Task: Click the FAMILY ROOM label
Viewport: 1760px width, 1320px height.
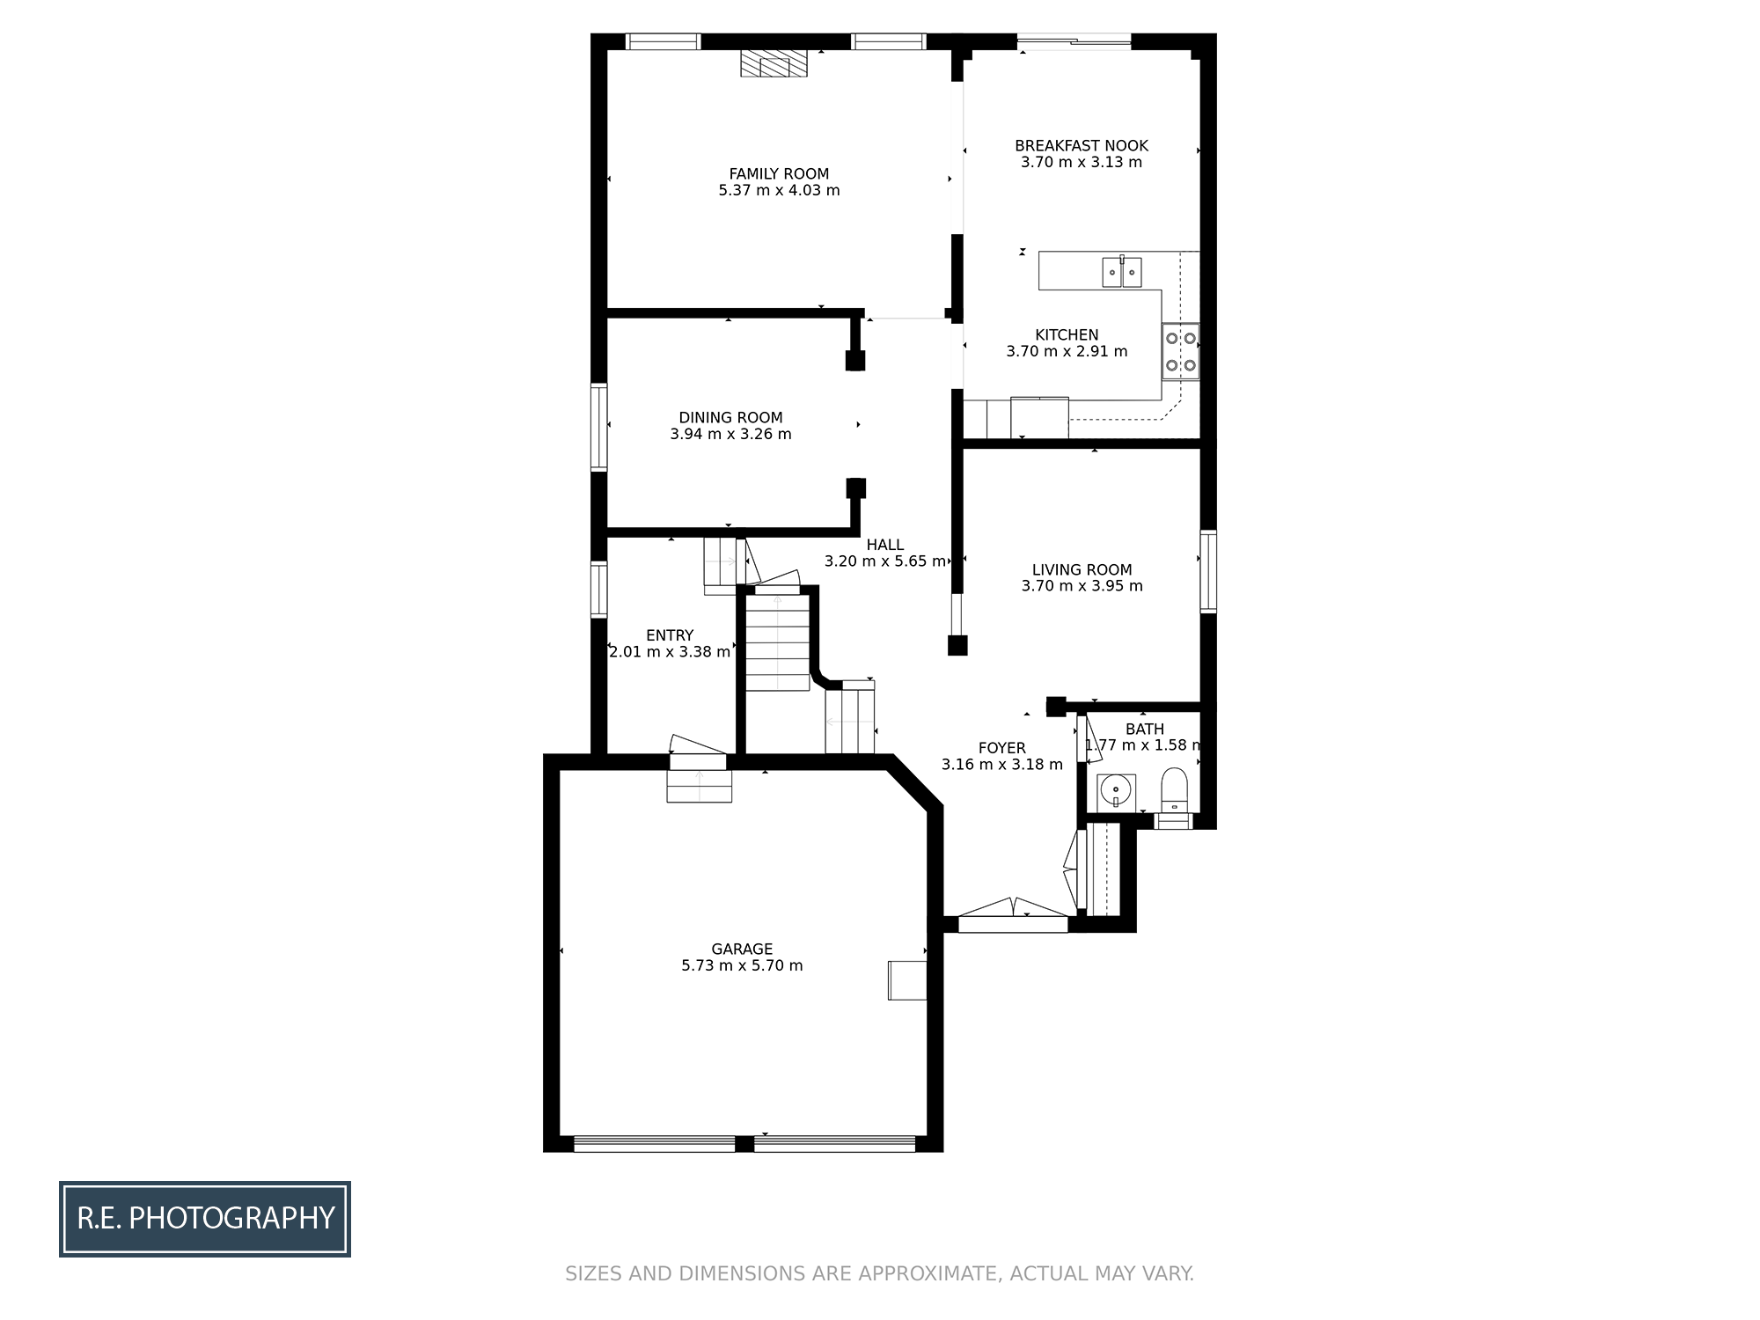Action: click(x=779, y=174)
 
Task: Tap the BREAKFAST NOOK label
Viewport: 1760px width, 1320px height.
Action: click(x=1082, y=146)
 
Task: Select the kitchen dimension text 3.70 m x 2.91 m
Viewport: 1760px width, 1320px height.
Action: click(x=1067, y=351)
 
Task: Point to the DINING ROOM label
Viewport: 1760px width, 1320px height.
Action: click(x=730, y=418)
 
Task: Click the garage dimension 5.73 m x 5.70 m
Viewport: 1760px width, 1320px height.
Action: click(x=742, y=965)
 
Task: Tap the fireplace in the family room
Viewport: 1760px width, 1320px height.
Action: click(x=774, y=63)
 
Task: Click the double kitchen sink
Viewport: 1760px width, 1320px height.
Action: click(x=1122, y=272)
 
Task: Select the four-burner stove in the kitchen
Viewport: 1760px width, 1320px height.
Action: click(x=1180, y=351)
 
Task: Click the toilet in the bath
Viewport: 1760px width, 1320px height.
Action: click(x=1174, y=789)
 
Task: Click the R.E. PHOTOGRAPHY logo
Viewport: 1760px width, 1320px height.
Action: click(x=205, y=1219)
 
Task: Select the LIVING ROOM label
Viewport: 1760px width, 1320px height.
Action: click(x=1082, y=570)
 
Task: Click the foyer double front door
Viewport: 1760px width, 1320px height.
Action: click(x=1013, y=915)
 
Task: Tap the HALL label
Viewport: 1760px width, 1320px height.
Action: click(x=884, y=545)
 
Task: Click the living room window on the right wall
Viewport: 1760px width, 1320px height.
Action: click(x=1208, y=571)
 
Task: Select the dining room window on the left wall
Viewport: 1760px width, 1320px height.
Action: click(x=599, y=428)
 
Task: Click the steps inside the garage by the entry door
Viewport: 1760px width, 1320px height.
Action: click(x=699, y=786)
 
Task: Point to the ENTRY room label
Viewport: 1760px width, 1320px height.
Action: click(x=670, y=635)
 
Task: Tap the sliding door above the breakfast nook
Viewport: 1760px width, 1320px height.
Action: click(x=1074, y=40)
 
